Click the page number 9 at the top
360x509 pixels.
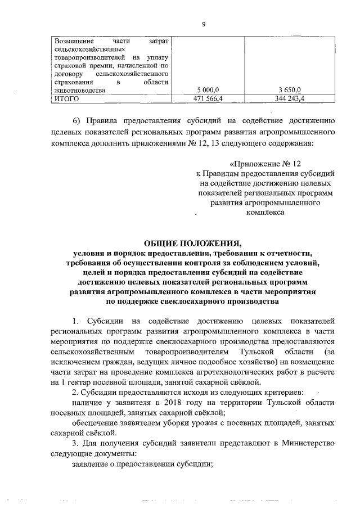204,24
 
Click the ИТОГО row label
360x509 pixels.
67,98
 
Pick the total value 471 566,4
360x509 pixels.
208,98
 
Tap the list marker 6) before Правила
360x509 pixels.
78,122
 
